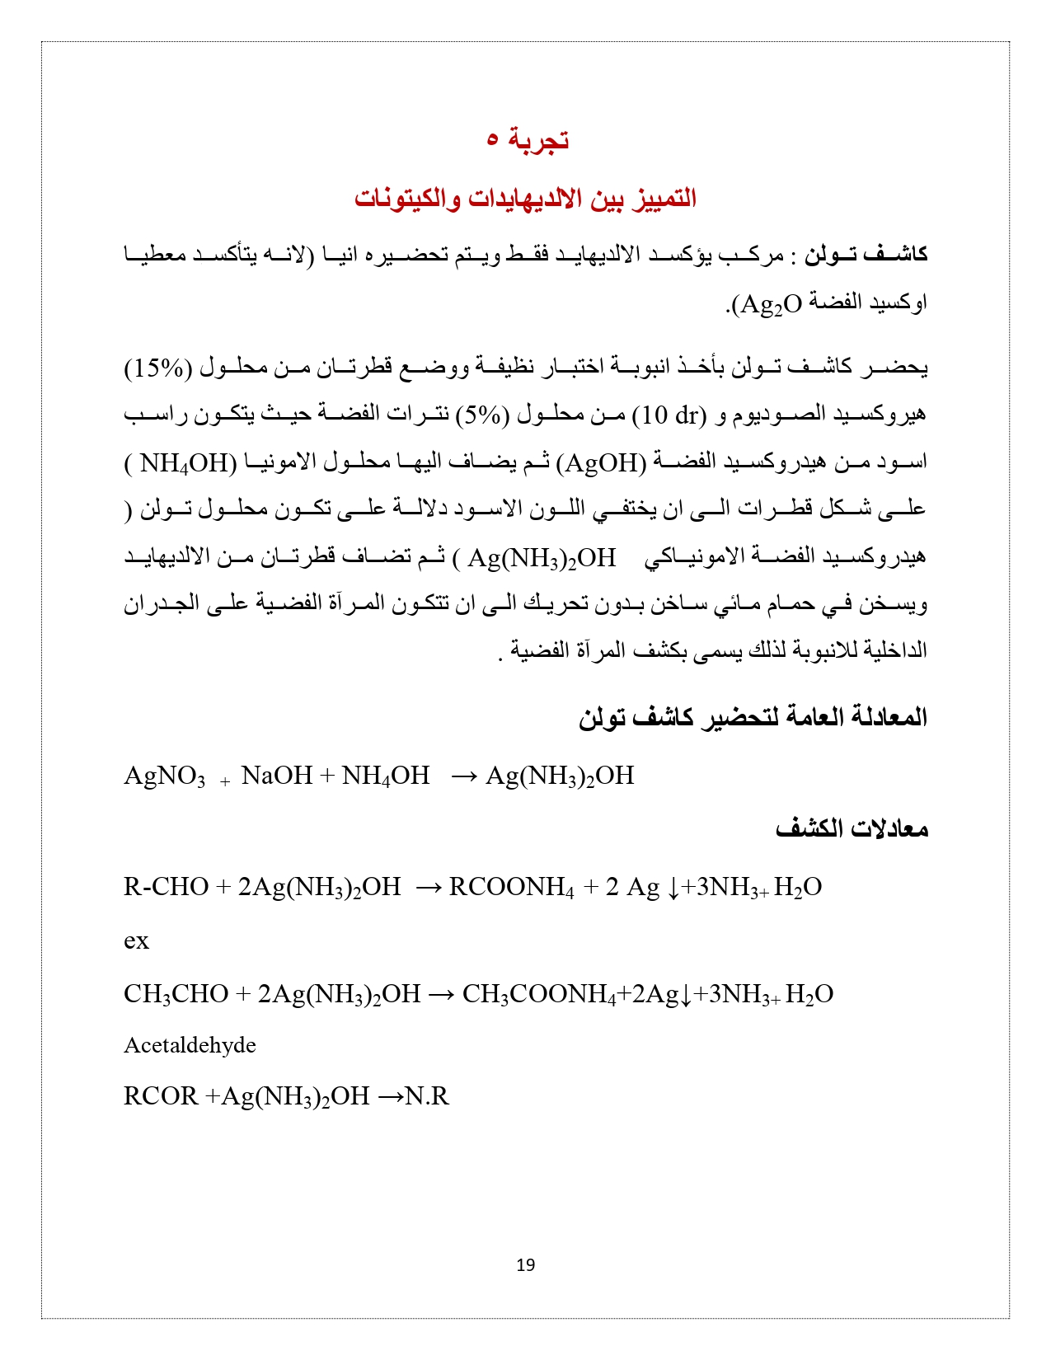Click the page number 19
525,1264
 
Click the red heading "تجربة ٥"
527,139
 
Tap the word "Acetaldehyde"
190,1045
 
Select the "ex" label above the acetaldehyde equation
136,940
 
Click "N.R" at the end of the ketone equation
427,1096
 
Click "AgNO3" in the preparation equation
164,776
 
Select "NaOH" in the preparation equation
277,776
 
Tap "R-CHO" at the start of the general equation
166,887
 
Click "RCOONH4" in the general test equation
511,887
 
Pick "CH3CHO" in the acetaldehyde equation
176,994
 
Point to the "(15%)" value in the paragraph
157,367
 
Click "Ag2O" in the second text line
770,304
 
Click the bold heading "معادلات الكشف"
852,828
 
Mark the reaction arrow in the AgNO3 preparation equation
464,776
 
